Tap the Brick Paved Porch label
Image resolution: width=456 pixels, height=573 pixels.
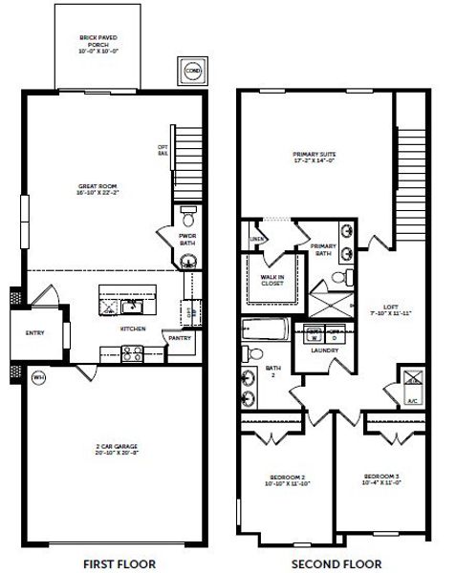point(98,43)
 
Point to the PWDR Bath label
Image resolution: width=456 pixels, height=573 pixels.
point(186,239)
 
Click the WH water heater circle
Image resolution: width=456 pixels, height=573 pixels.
point(38,376)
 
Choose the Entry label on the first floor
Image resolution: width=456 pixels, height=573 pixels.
point(34,333)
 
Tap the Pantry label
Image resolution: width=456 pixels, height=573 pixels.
point(180,337)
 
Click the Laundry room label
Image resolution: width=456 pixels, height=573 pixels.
point(327,350)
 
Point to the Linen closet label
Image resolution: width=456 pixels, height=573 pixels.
point(256,239)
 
